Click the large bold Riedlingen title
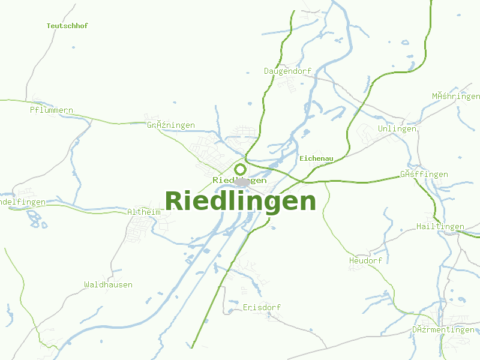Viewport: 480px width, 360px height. (x=240, y=201)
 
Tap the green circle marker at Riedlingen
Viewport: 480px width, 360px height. (x=240, y=169)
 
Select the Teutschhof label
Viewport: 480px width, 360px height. (x=67, y=26)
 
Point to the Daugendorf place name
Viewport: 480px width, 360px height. (x=287, y=71)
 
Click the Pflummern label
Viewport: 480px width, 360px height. (x=52, y=110)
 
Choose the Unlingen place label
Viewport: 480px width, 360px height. (x=397, y=129)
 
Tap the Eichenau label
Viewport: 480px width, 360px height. (x=316, y=158)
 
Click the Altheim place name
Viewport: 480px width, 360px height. (x=144, y=212)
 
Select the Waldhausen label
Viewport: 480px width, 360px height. (x=108, y=284)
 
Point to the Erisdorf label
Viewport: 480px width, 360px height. (x=262, y=307)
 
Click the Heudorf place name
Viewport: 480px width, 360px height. (x=365, y=261)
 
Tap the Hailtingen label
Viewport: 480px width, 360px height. (x=440, y=226)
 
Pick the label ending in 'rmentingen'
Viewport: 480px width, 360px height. (x=443, y=330)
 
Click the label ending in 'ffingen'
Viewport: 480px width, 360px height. (x=424, y=175)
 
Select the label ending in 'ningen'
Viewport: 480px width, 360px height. (x=171, y=125)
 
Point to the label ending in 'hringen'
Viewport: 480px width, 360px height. (x=455, y=96)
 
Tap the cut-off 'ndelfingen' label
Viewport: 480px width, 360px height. (x=23, y=202)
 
